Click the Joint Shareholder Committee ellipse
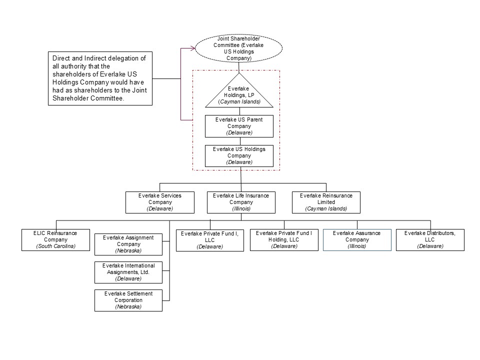click(x=239, y=48)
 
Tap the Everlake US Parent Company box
click(x=239, y=126)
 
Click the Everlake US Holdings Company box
click(x=239, y=155)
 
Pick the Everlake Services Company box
click(x=159, y=202)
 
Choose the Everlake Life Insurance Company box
click(x=241, y=202)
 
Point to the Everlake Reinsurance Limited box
click(x=326, y=202)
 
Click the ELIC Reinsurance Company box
click(x=55, y=239)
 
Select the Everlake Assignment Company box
click(x=128, y=243)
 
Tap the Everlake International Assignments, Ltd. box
click(x=128, y=271)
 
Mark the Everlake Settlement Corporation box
click(x=128, y=300)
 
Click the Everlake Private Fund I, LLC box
click(x=210, y=239)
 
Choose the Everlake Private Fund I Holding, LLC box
click(x=284, y=239)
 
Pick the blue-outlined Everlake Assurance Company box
click(x=357, y=239)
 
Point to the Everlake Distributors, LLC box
click(x=430, y=239)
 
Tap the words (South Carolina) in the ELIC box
click(x=55, y=246)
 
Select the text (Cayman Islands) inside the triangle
click(x=239, y=101)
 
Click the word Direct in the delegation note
click(x=62, y=58)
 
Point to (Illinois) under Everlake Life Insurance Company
click(x=241, y=208)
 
